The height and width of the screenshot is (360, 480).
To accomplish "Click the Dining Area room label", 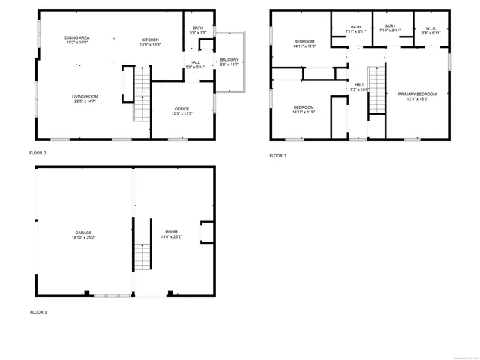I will [77, 37].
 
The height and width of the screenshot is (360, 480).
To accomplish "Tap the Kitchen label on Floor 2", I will [151, 40].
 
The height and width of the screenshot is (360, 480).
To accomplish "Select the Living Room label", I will [85, 96].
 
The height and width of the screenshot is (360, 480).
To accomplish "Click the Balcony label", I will [229, 60].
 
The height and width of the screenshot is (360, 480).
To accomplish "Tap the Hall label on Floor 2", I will [195, 63].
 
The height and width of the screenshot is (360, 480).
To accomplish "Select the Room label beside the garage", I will [172, 233].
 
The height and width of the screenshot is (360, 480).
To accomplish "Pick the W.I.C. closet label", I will [431, 31].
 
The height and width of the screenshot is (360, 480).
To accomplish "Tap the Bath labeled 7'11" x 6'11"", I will [356, 31].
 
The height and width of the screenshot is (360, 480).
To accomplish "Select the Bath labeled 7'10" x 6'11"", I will [390, 31].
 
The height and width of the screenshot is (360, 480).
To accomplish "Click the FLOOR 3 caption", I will [277, 156].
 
